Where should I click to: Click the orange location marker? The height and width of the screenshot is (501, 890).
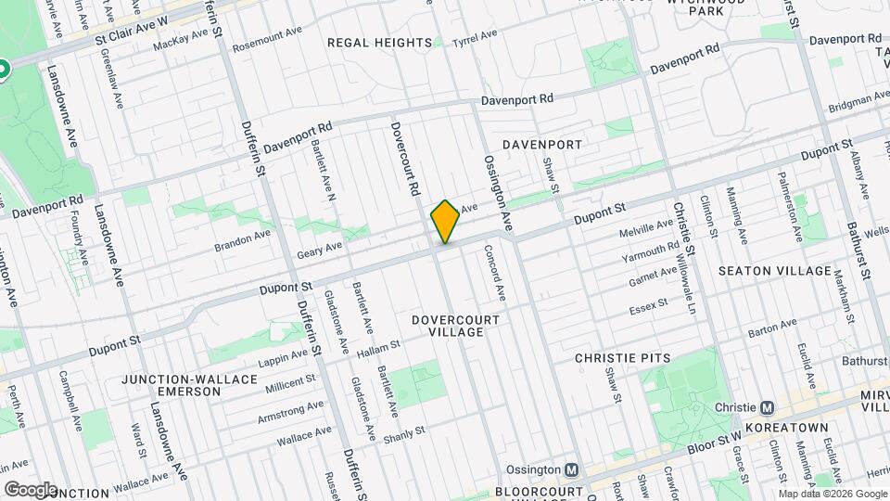tap(445, 222)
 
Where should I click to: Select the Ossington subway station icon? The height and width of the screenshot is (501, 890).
tap(573, 469)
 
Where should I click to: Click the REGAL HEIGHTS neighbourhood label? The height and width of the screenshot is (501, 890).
tap(379, 43)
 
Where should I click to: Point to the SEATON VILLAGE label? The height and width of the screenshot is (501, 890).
tap(775, 271)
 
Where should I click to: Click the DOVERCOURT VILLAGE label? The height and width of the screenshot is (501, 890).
tap(456, 326)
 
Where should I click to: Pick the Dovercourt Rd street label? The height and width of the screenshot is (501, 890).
tap(402, 159)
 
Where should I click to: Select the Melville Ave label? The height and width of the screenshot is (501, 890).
tap(653, 225)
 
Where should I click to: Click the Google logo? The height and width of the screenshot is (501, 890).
tap(31, 489)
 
